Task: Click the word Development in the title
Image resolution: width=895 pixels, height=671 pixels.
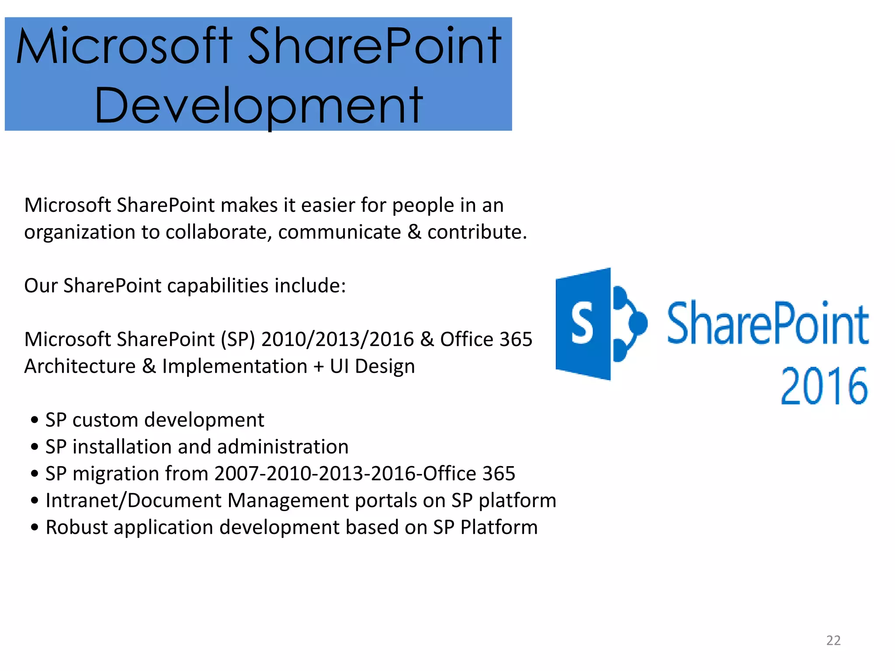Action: point(259,105)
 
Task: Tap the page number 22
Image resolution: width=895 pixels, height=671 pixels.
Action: point(833,640)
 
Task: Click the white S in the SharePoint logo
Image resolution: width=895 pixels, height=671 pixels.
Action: point(582,324)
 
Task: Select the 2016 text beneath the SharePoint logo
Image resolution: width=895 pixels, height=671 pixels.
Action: point(824,386)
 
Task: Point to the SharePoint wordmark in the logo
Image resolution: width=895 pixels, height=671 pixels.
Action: point(768,324)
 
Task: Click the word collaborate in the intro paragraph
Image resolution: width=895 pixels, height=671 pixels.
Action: point(219,232)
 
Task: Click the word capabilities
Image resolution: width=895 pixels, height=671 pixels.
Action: point(218,286)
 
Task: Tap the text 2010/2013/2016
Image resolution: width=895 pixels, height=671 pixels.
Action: point(337,339)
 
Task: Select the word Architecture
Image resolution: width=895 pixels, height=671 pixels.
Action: point(80,366)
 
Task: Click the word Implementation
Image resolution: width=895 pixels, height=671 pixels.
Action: point(235,366)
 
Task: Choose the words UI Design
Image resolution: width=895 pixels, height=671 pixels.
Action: point(372,366)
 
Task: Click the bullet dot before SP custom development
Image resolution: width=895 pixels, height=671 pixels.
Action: point(35,420)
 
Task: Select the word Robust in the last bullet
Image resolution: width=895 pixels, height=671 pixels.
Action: point(76,527)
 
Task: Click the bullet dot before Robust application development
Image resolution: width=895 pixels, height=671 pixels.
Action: point(35,528)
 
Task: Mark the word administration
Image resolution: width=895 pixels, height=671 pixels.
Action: point(283,447)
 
